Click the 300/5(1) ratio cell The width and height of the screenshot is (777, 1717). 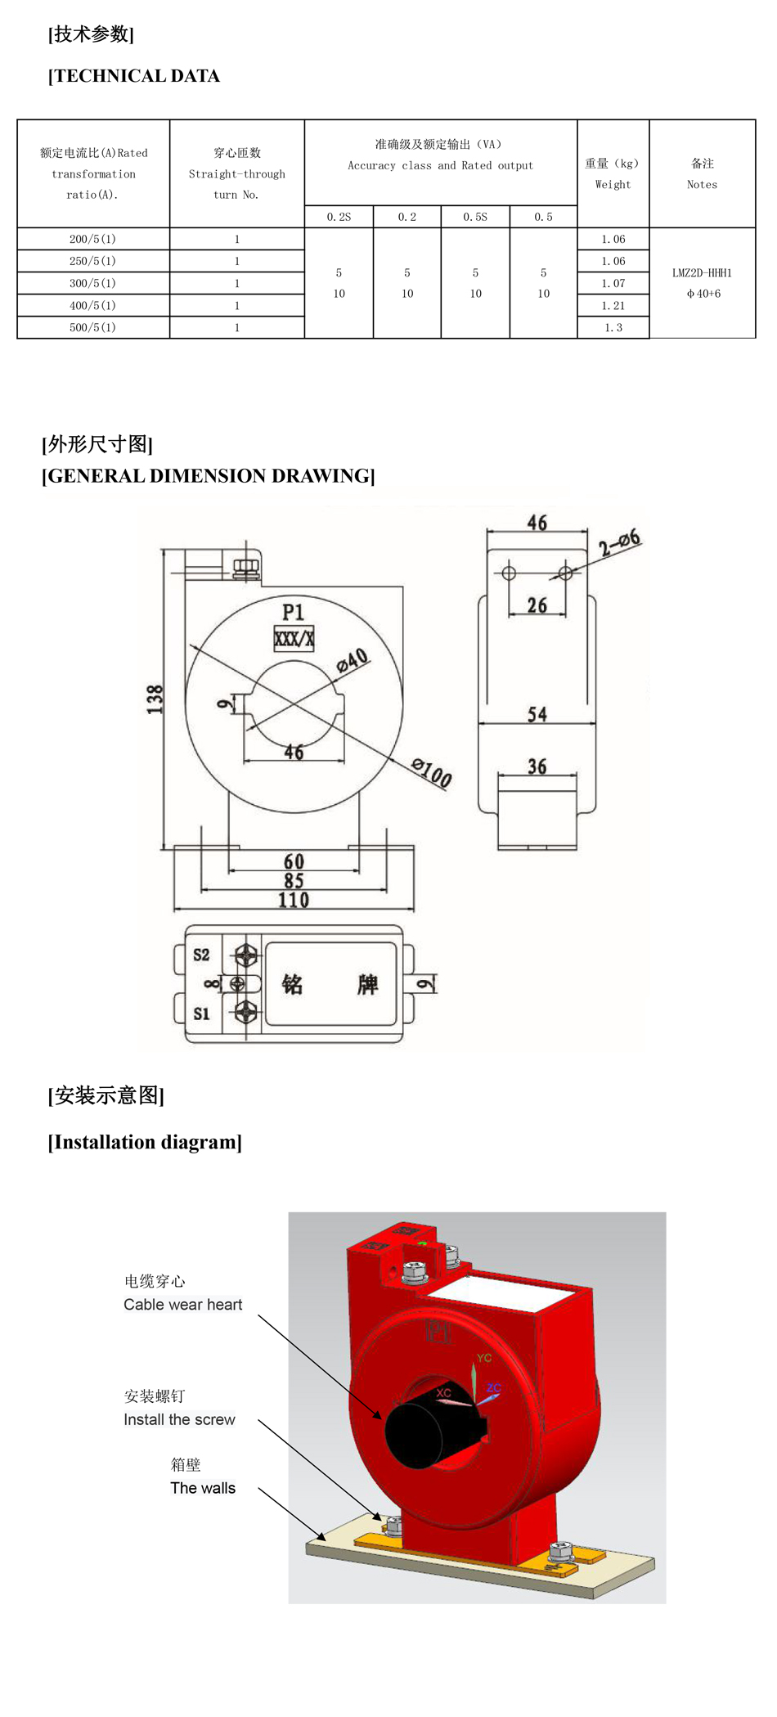92,283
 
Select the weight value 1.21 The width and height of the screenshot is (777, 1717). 613,305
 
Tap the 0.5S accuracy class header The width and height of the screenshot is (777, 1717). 475,217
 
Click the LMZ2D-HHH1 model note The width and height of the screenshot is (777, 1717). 702,273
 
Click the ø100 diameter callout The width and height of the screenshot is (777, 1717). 431,772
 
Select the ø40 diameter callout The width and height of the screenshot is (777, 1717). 353,660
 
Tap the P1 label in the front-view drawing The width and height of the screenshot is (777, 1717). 293,612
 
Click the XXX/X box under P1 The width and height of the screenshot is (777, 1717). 294,639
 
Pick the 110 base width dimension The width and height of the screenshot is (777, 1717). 294,901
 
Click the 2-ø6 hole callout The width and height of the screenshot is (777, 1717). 619,542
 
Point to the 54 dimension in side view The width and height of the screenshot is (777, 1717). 537,714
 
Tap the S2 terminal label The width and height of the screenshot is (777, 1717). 201,955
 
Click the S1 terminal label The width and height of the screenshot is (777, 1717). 201,1014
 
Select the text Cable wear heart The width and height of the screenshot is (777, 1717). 183,1305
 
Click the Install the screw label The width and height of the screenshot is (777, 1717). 179,1419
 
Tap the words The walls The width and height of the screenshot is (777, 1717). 203,1488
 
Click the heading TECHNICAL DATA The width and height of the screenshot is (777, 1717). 134,76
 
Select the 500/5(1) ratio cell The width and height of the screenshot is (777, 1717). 92,327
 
